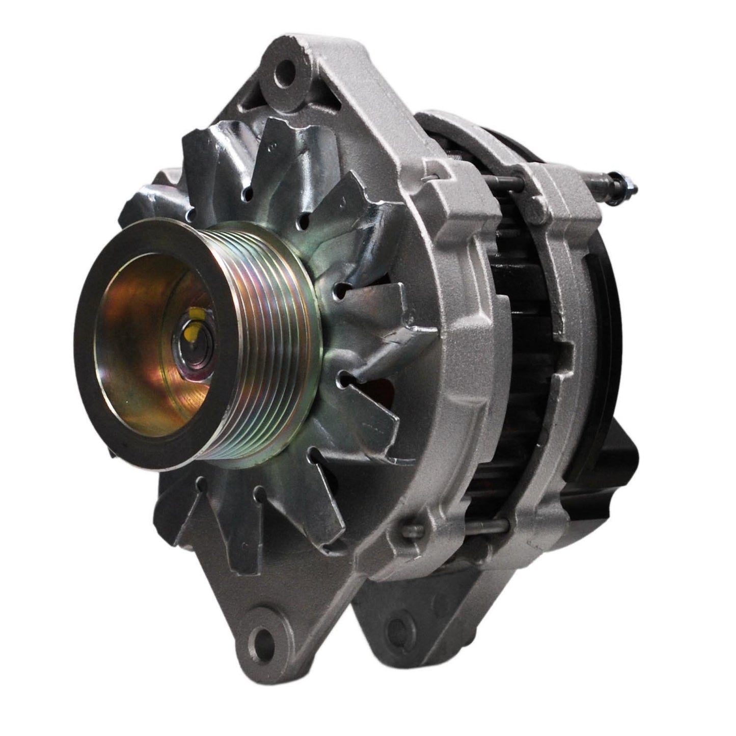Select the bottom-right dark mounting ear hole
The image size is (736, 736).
pos(402,623)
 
